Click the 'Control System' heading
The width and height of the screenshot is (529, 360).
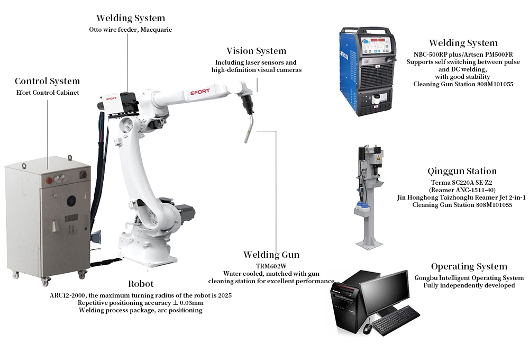pyautogui.click(x=47, y=81)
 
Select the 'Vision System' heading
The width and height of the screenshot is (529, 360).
pyautogui.click(x=257, y=51)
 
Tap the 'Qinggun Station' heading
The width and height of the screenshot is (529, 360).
pyautogui.click(x=462, y=171)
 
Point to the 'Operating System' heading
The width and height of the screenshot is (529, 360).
pyautogui.click(x=469, y=266)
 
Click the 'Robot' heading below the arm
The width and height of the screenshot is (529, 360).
pyautogui.click(x=141, y=284)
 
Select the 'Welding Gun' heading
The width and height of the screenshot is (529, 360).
pyautogui.click(x=271, y=255)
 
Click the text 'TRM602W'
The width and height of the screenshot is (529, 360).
pyautogui.click(x=271, y=266)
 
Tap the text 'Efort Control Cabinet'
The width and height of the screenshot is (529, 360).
pyautogui.click(x=48, y=93)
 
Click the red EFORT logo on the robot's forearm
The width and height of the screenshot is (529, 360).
pyautogui.click(x=200, y=92)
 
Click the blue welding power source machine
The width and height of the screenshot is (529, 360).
pyautogui.click(x=367, y=71)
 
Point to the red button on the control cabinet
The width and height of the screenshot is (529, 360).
pyautogui.click(x=49, y=181)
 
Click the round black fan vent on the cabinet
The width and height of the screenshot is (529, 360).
pyautogui.click(x=71, y=201)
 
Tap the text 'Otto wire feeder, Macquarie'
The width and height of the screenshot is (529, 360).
pyautogui.click(x=131, y=30)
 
